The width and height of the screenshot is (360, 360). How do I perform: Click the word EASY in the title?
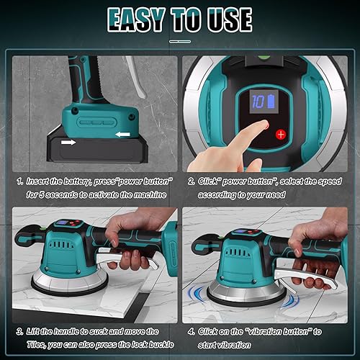click(136, 19)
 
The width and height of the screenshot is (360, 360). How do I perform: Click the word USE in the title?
click(230, 19)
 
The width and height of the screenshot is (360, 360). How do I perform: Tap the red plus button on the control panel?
click(281, 134)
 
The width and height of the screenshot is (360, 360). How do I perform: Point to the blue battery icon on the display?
click(271, 102)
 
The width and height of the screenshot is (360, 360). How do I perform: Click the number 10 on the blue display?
click(258, 102)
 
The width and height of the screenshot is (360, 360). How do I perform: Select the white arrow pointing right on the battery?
click(68, 143)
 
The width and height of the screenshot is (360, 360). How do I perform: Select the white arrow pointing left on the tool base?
click(122, 135)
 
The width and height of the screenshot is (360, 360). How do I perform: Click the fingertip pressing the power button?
click(264, 124)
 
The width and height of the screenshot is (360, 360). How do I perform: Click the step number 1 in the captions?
click(19, 181)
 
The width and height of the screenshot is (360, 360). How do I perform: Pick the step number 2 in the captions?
click(192, 181)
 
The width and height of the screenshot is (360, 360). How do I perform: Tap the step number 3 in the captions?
click(19, 332)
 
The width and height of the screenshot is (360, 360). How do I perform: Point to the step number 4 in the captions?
click(192, 332)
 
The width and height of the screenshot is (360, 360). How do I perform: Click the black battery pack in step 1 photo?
click(97, 149)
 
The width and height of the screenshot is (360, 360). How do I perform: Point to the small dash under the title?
click(180, 42)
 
